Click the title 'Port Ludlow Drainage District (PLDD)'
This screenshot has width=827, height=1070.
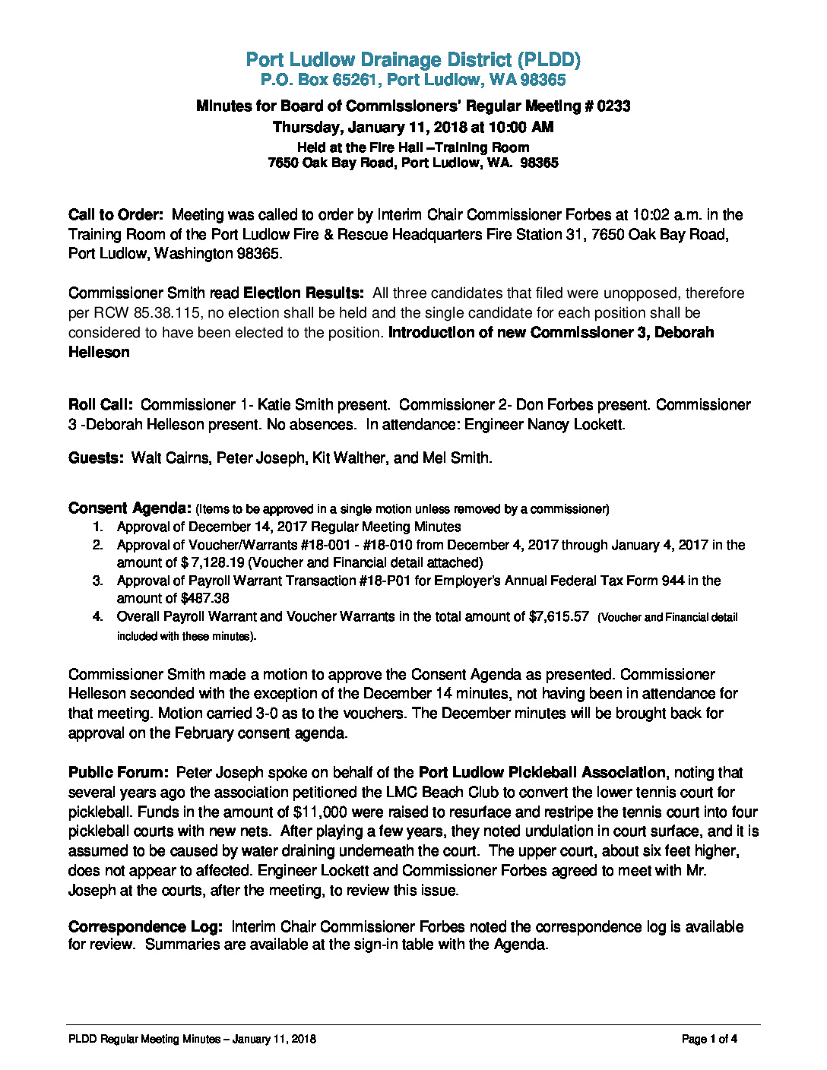click(413, 59)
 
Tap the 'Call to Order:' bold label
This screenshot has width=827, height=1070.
click(116, 215)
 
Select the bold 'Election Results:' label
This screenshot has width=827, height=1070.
click(303, 293)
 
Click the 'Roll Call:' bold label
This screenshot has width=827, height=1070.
click(101, 405)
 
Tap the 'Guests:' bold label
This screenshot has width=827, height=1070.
click(96, 458)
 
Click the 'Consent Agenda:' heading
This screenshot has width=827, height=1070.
click(129, 508)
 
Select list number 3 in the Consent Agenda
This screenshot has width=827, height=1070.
click(97, 581)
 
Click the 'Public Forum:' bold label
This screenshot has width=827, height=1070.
click(118, 773)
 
